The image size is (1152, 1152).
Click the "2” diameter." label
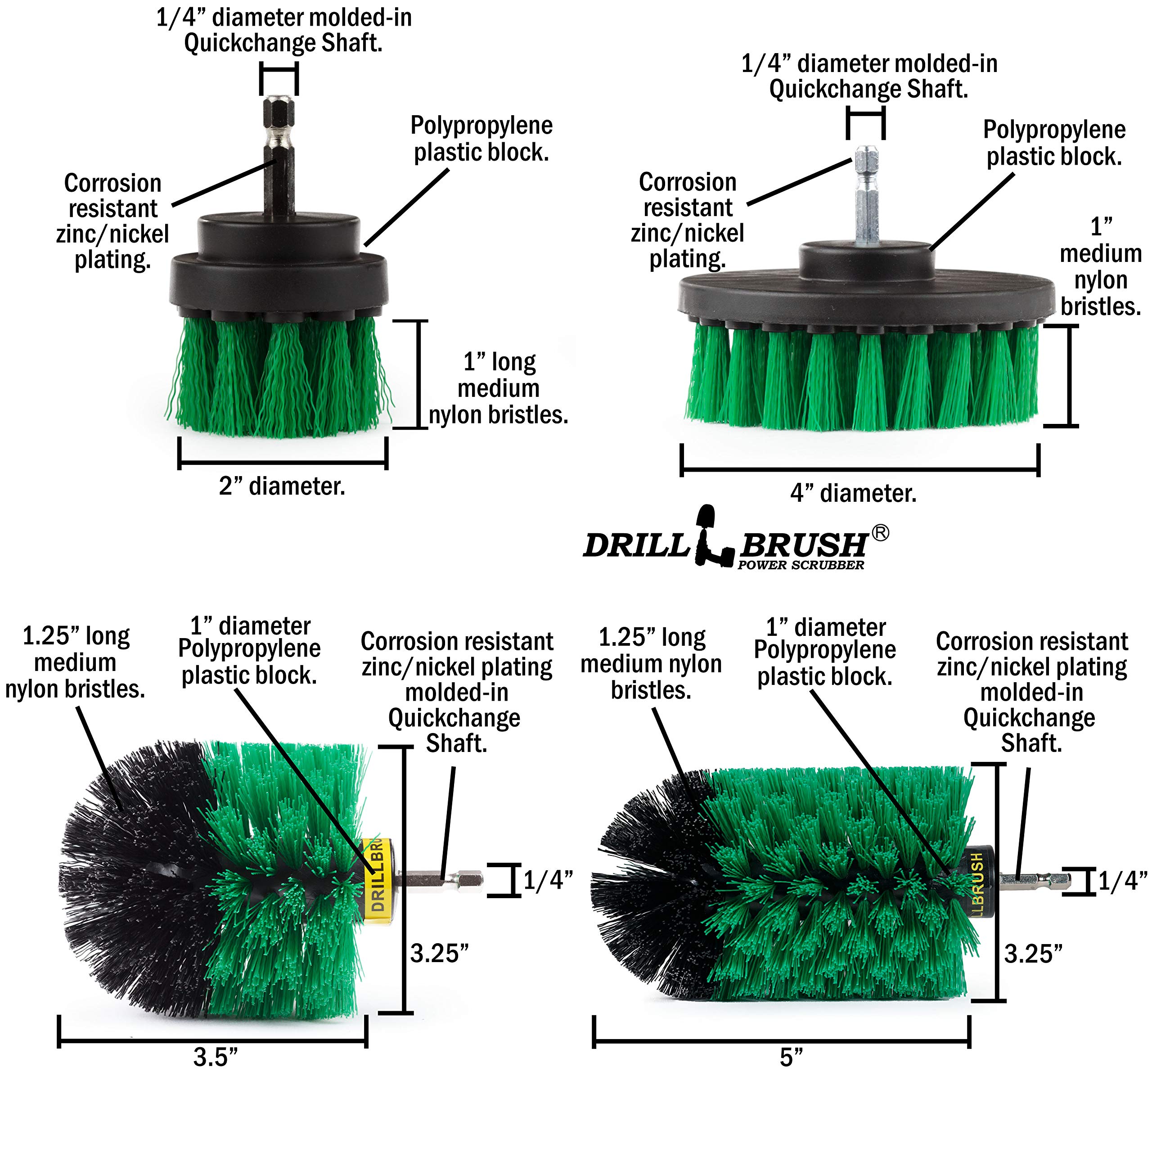(x=282, y=486)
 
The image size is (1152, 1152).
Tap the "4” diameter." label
(x=853, y=494)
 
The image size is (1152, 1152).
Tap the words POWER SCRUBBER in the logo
(x=801, y=565)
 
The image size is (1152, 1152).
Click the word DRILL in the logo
(x=636, y=545)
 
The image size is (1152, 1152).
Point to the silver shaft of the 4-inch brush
(x=866, y=196)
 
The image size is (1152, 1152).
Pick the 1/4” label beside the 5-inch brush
(x=1123, y=881)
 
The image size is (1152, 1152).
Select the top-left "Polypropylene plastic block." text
(x=482, y=138)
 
